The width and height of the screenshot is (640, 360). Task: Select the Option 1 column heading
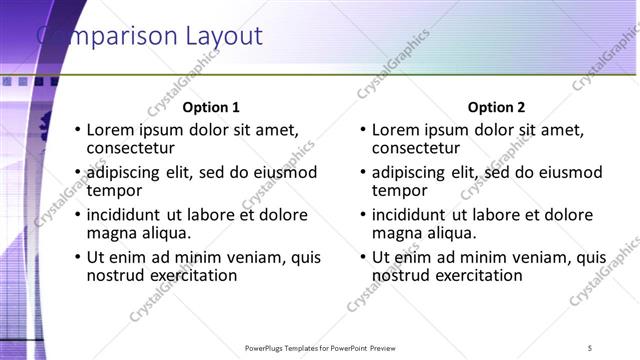click(x=211, y=107)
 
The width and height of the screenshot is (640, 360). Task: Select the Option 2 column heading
click(x=496, y=107)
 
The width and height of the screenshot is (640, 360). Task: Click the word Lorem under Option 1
click(x=111, y=129)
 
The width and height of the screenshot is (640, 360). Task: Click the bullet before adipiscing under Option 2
click(x=362, y=173)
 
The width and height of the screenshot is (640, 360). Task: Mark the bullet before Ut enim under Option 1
click(x=77, y=258)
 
